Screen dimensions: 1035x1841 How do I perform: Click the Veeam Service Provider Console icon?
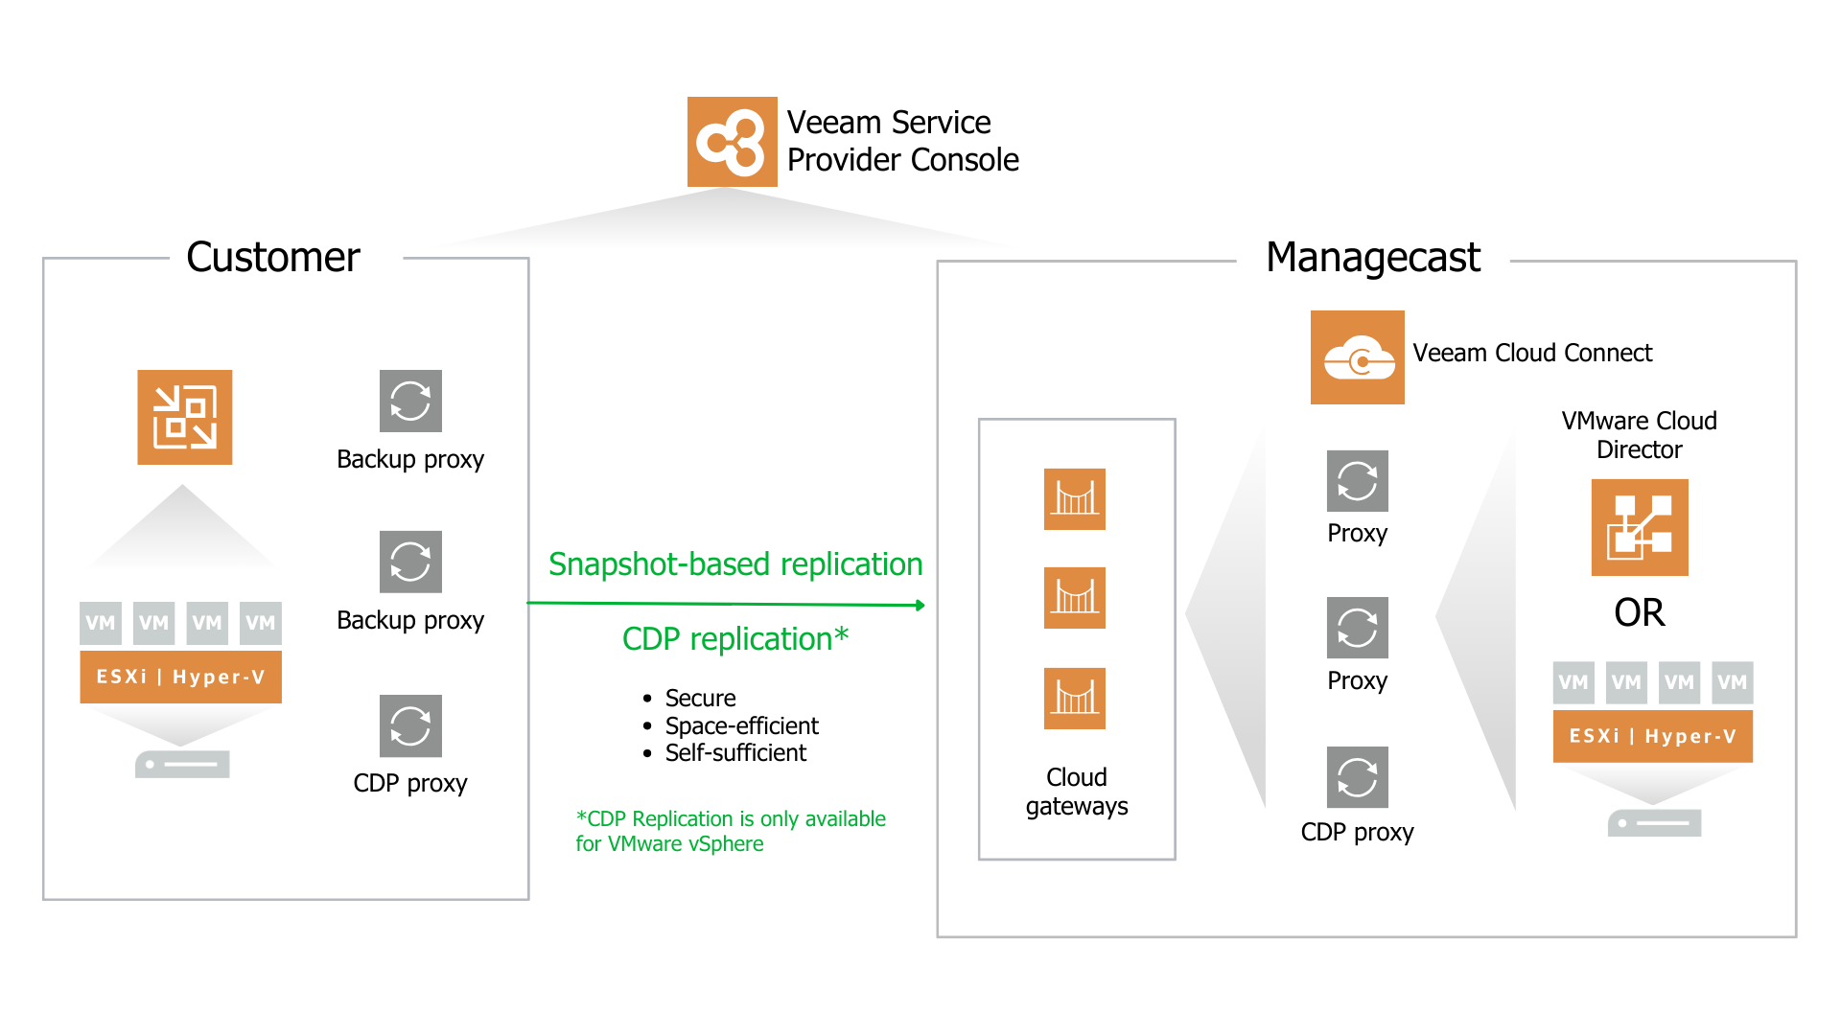point(732,142)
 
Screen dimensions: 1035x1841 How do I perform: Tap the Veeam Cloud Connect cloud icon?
point(1357,357)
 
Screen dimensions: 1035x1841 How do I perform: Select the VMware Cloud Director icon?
point(1639,527)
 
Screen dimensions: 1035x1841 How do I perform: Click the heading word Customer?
point(273,257)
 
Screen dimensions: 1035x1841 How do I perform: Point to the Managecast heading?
point(1372,257)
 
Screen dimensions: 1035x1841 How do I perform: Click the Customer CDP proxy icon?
point(410,725)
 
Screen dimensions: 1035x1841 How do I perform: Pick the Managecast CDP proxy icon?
point(1357,776)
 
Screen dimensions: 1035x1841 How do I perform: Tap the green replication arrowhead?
point(920,606)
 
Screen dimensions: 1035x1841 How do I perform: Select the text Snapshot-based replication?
point(735,564)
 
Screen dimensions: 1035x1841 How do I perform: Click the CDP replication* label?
point(735,639)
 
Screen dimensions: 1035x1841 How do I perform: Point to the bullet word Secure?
point(700,699)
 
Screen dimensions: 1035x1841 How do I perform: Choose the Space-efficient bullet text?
point(741,725)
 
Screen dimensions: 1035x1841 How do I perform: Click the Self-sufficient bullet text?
point(735,753)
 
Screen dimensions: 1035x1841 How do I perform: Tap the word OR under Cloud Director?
point(1639,613)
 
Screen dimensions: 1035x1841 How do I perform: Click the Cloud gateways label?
point(1076,792)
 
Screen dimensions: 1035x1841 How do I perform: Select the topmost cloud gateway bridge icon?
point(1074,498)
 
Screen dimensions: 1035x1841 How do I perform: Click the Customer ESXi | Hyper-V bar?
point(180,677)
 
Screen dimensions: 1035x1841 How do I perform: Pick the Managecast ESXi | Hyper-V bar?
point(1652,736)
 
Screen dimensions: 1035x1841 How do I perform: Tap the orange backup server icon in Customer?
point(184,417)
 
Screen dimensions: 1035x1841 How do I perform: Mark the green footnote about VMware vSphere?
point(730,831)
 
